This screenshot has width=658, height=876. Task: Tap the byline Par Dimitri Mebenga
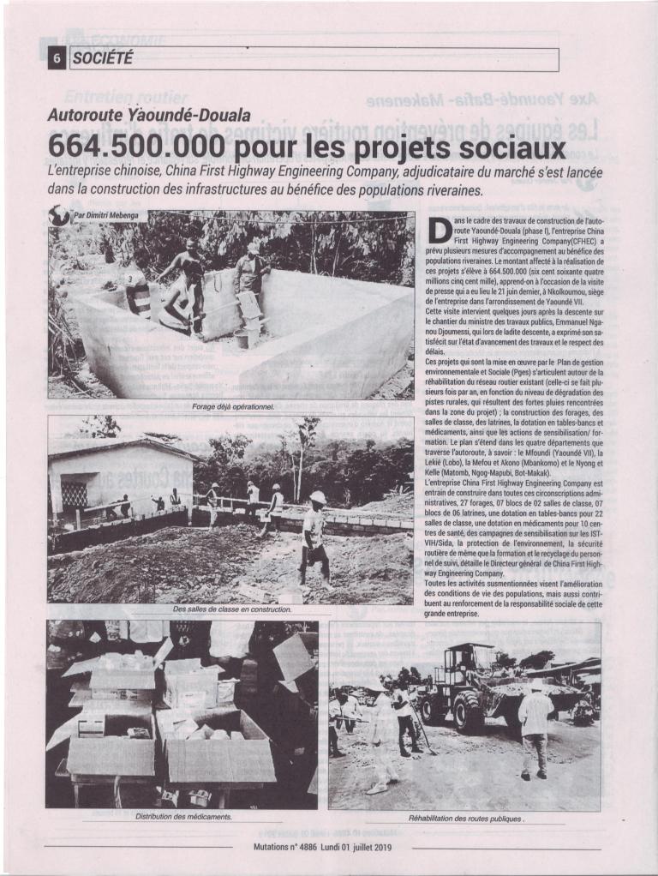[x=99, y=215]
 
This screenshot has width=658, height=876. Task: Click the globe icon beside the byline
[x=58, y=215]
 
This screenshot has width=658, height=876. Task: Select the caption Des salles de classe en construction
[x=231, y=609]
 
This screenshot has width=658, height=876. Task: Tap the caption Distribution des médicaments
[x=183, y=815]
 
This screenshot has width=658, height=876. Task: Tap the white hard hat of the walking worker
[x=318, y=497]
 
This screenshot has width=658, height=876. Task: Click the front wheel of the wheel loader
[x=467, y=711]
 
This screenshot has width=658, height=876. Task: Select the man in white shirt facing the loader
[x=536, y=721]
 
